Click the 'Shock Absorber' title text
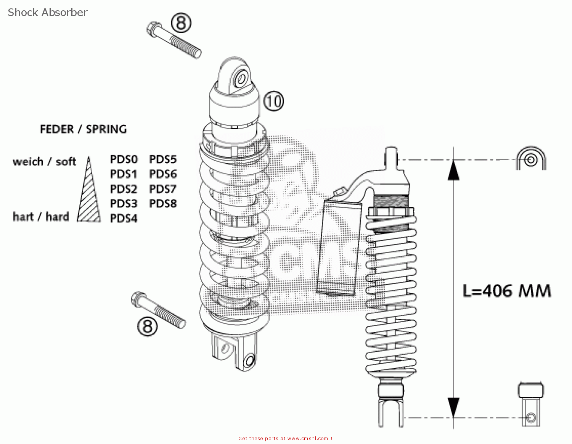(x=48, y=12)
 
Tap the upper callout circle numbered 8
(x=181, y=23)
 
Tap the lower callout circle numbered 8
(x=147, y=326)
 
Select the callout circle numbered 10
(x=274, y=101)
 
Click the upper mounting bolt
(x=174, y=40)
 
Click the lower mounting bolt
(x=158, y=310)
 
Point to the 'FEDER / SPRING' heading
(x=83, y=129)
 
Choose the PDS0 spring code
(x=124, y=159)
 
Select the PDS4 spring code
(x=124, y=219)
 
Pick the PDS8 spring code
(x=163, y=204)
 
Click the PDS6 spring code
(x=163, y=174)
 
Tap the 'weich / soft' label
(x=44, y=162)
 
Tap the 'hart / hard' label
(x=41, y=217)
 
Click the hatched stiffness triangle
(x=89, y=198)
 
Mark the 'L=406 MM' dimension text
(x=507, y=291)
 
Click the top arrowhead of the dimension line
(x=453, y=170)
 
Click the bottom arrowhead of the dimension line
(x=453, y=407)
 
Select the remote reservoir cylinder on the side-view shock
(x=338, y=248)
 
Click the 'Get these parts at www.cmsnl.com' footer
(x=285, y=439)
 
